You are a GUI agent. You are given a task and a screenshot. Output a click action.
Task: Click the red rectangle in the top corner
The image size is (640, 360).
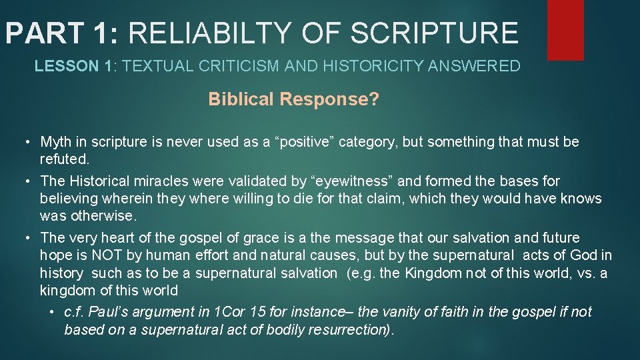point(565,30)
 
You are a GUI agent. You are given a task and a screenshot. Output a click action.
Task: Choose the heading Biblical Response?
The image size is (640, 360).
point(294,99)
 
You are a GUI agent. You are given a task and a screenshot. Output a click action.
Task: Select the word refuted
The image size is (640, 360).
point(65,159)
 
